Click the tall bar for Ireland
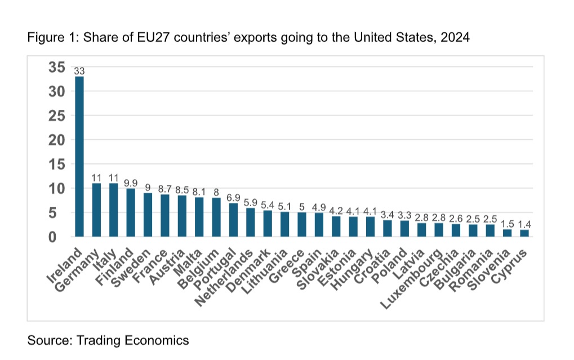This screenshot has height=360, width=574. pos(79,157)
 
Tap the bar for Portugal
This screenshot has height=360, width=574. pos(233,220)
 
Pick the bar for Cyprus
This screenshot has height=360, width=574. pos(524,233)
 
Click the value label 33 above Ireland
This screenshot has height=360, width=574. pos(79,71)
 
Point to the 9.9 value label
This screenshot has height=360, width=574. pos(131,183)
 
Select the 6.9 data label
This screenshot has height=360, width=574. pos(233,198)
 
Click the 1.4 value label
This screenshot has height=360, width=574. pos(524,224)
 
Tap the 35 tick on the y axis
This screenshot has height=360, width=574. pos(56,67)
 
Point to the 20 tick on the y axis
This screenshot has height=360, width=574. pos(56,140)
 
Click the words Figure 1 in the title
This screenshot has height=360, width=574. pos(48,38)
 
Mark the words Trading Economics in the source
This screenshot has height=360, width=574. pos(132,340)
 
